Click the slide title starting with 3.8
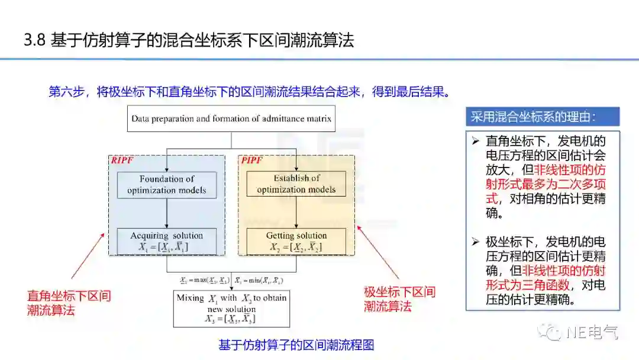189,40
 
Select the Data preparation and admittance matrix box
231,118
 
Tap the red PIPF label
251,160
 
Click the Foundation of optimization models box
167,184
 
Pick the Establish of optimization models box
296,184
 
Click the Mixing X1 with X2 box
231,308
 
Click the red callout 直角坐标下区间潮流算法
69,303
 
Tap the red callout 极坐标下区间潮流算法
399,299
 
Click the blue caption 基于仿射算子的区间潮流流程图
296,345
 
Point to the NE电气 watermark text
592,333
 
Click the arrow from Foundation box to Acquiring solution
167,213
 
